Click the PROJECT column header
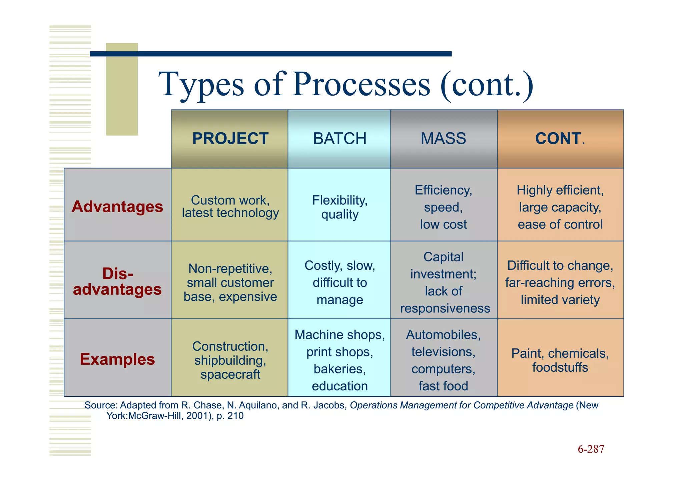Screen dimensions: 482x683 pyautogui.click(x=230, y=139)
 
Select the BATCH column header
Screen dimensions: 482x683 pyautogui.click(x=339, y=139)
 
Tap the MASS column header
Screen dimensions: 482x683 pyautogui.click(x=443, y=139)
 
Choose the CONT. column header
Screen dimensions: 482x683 pyautogui.click(x=560, y=139)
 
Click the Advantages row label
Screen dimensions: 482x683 pyautogui.click(x=117, y=207)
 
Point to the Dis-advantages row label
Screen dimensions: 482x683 pyautogui.click(x=117, y=281)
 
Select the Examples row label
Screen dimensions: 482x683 pyautogui.click(x=117, y=359)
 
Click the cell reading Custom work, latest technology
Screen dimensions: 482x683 pyautogui.click(x=230, y=207)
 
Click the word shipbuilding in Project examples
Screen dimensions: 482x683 pyautogui.click(x=230, y=360)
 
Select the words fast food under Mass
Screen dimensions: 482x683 pyautogui.click(x=443, y=386)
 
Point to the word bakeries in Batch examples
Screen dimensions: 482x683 pyautogui.click(x=339, y=369)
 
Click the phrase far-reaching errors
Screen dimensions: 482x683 pyautogui.click(x=560, y=283)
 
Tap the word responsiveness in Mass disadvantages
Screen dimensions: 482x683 pyautogui.click(x=445, y=308)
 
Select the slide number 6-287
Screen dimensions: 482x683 pyautogui.click(x=591, y=449)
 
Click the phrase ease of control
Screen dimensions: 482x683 pyautogui.click(x=560, y=225)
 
